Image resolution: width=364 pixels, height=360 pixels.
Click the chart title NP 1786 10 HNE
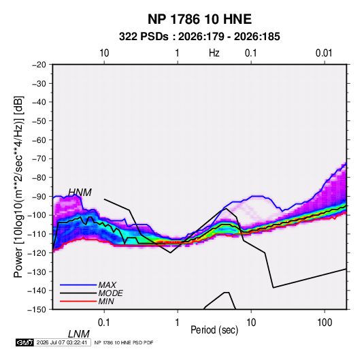tap(199, 19)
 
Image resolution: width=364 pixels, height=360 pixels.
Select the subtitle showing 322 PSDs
tap(199, 37)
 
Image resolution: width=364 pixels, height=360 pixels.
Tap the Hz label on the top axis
tap(214, 53)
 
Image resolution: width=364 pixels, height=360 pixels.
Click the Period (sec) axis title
tap(214, 330)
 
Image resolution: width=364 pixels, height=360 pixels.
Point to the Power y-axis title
tap(18, 187)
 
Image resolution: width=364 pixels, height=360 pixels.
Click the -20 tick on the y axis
tap(39, 65)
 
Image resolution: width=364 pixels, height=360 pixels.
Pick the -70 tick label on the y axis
tap(39, 159)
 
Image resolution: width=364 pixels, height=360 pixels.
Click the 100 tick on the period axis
tap(325, 322)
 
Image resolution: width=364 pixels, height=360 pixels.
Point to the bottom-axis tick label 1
tap(177, 322)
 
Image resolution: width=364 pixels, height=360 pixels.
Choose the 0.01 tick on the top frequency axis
tap(324, 53)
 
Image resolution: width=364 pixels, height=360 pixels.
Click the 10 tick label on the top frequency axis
tap(104, 53)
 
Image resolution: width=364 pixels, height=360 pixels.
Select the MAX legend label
tap(107, 284)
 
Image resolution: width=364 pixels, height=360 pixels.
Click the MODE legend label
tap(110, 293)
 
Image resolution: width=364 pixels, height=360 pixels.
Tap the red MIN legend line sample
tap(78, 301)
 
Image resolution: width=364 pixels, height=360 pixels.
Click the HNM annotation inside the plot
tap(80, 193)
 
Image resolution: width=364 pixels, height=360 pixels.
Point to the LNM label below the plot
tap(78, 334)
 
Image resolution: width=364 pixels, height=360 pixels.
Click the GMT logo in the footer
tap(24, 342)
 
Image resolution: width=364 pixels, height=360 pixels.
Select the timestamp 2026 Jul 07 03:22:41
tap(62, 342)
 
